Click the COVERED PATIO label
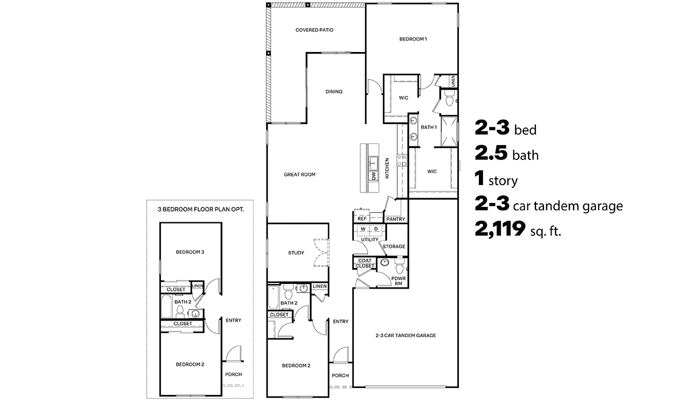[314, 30]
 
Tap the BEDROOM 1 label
[413, 39]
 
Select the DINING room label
[334, 91]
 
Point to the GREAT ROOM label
[300, 174]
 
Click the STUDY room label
[296, 253]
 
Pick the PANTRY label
[395, 219]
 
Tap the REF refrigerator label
[361, 219]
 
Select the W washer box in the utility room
[363, 229]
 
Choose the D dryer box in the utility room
[376, 229]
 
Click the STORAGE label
[394, 246]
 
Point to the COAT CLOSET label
[364, 263]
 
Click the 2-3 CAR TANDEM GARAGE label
[405, 335]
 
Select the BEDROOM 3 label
[190, 252]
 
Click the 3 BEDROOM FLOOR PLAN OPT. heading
[200, 209]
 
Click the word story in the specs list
[503, 182]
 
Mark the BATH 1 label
[428, 127]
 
